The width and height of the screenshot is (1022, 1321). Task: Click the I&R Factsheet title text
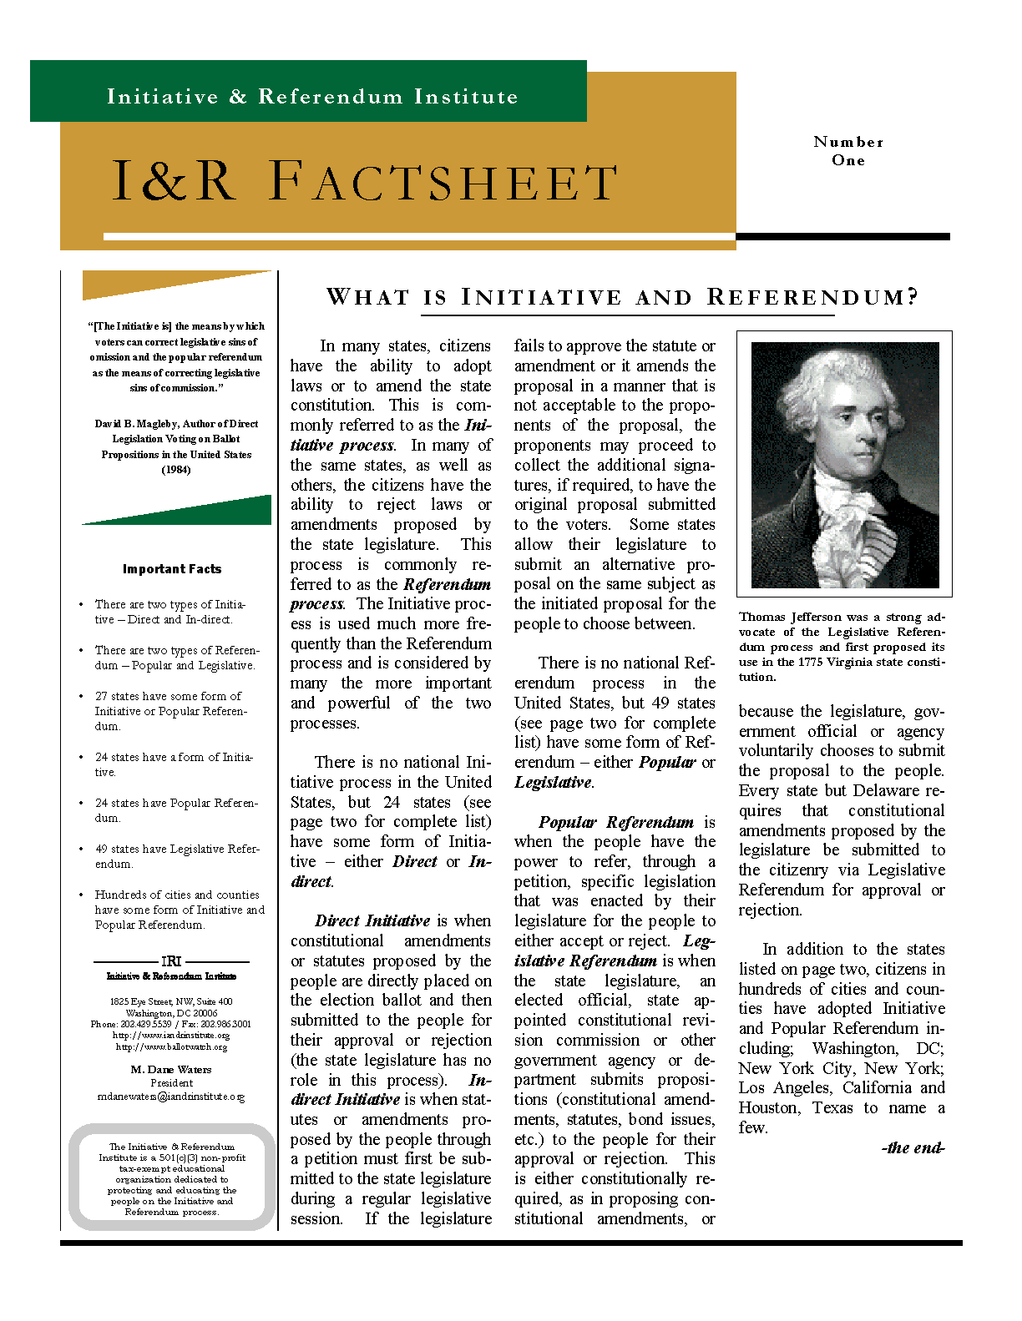pos(364,182)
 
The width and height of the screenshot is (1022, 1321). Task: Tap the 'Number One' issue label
pos(848,151)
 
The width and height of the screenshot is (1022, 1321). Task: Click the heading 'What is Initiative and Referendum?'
pos(622,298)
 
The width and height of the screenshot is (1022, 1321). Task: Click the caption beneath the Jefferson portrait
pos(842,647)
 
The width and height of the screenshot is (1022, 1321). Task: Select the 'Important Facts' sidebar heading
pos(172,569)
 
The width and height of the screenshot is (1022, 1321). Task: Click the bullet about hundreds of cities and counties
pos(179,910)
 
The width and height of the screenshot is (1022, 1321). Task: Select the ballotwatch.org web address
pos(171,1046)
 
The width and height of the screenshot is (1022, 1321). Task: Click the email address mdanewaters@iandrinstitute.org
pos(171,1097)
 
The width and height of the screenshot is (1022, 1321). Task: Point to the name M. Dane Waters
pos(171,1069)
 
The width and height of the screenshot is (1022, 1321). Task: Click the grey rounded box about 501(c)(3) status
pos(172,1178)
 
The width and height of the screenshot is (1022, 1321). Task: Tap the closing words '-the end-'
pos(913,1148)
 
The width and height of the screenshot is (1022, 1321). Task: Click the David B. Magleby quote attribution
pos(176,446)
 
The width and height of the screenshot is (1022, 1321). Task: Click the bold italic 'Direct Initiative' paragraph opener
pos(372,921)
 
